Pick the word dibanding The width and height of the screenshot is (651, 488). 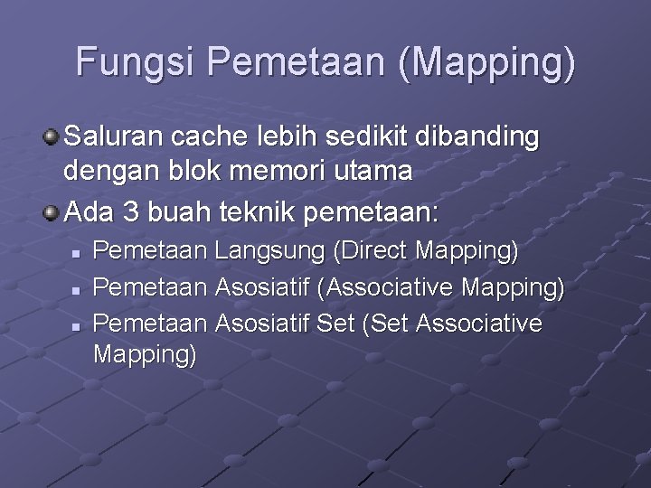478,137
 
